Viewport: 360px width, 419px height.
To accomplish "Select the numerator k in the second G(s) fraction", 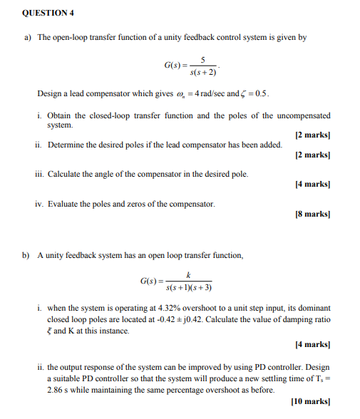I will [188, 274].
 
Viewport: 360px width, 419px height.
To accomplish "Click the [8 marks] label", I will [312, 214].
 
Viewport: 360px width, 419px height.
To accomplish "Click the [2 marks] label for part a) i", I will [312, 135].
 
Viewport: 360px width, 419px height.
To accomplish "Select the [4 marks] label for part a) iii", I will [312, 184].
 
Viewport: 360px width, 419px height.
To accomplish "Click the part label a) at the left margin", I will [28, 37].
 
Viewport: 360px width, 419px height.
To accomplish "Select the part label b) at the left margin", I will [28, 255].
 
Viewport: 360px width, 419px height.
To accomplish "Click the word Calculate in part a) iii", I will [64, 174].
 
